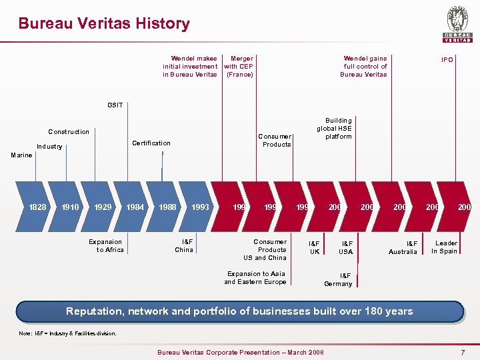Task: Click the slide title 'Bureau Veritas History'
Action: click(x=104, y=23)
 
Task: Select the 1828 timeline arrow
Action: click(x=37, y=207)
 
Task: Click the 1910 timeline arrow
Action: click(x=70, y=207)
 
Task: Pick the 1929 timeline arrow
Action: click(x=103, y=207)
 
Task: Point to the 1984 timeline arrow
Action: click(x=135, y=207)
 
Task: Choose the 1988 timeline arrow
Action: click(x=168, y=207)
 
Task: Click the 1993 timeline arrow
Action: click(x=200, y=207)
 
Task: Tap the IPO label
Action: click(x=447, y=60)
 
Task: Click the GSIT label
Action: click(x=115, y=105)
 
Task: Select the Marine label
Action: click(x=21, y=155)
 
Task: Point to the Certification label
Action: click(x=151, y=143)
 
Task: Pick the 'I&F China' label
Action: click(x=184, y=246)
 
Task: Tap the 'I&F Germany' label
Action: click(x=338, y=279)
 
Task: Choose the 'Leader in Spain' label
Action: click(x=444, y=247)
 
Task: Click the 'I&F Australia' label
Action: click(x=403, y=248)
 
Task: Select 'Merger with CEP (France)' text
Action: click(x=239, y=67)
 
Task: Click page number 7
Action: click(x=463, y=351)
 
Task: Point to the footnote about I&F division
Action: click(x=67, y=333)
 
